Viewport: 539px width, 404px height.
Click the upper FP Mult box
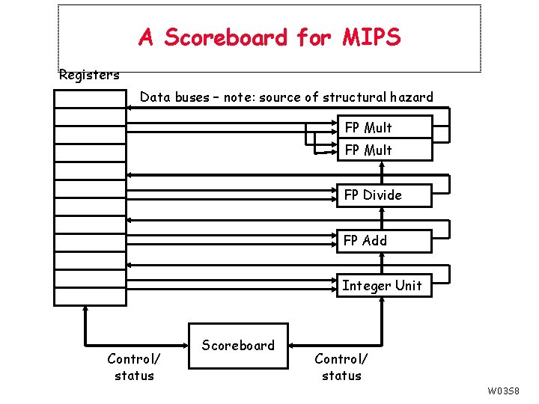384,127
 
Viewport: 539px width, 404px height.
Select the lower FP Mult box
384,150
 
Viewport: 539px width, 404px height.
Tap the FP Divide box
384,195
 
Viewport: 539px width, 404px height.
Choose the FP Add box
384,241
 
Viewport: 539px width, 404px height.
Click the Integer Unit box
383,285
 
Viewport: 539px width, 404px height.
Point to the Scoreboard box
238,346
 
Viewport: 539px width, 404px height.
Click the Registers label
88,75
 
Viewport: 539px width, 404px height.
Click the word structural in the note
356,97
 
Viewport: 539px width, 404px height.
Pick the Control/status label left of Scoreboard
134,367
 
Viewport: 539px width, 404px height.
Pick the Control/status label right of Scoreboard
341,367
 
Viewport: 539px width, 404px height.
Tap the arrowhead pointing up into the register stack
85,310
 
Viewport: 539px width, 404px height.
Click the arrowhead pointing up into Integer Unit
383,302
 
